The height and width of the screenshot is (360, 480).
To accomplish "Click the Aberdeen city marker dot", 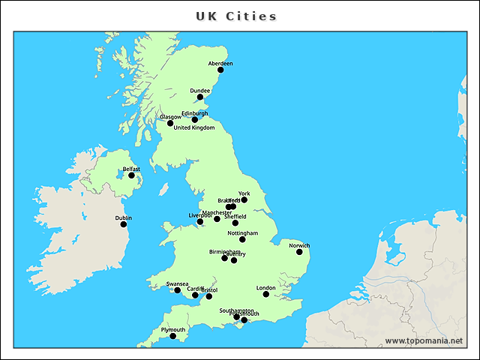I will click(x=220, y=70).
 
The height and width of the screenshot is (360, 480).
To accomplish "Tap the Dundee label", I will click(x=199, y=91).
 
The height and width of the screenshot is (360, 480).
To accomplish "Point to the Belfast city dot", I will click(x=131, y=175).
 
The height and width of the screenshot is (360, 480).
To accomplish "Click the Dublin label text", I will click(x=124, y=217).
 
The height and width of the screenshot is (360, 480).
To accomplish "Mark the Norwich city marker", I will click(x=299, y=252).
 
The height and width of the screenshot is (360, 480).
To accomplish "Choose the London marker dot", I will click(x=266, y=294).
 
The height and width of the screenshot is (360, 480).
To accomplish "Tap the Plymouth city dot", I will click(x=172, y=336).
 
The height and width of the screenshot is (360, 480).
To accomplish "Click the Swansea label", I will click(x=178, y=283).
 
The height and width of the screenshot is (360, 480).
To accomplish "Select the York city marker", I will click(x=244, y=199).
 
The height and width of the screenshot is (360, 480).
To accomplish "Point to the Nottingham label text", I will click(x=242, y=232).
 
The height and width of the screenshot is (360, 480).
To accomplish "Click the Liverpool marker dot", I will click(x=199, y=222).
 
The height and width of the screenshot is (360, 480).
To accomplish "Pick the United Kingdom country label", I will click(x=193, y=127).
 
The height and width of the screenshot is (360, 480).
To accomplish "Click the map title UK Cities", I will click(x=236, y=16).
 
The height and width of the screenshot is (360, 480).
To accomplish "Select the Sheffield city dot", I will click(x=235, y=223).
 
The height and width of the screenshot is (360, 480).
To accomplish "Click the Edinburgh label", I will click(x=194, y=113).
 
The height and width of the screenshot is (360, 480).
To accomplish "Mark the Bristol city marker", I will click(x=208, y=296).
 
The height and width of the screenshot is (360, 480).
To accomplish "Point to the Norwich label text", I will click(x=299, y=245).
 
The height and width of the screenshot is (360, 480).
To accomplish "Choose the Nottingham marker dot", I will click(x=242, y=239).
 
